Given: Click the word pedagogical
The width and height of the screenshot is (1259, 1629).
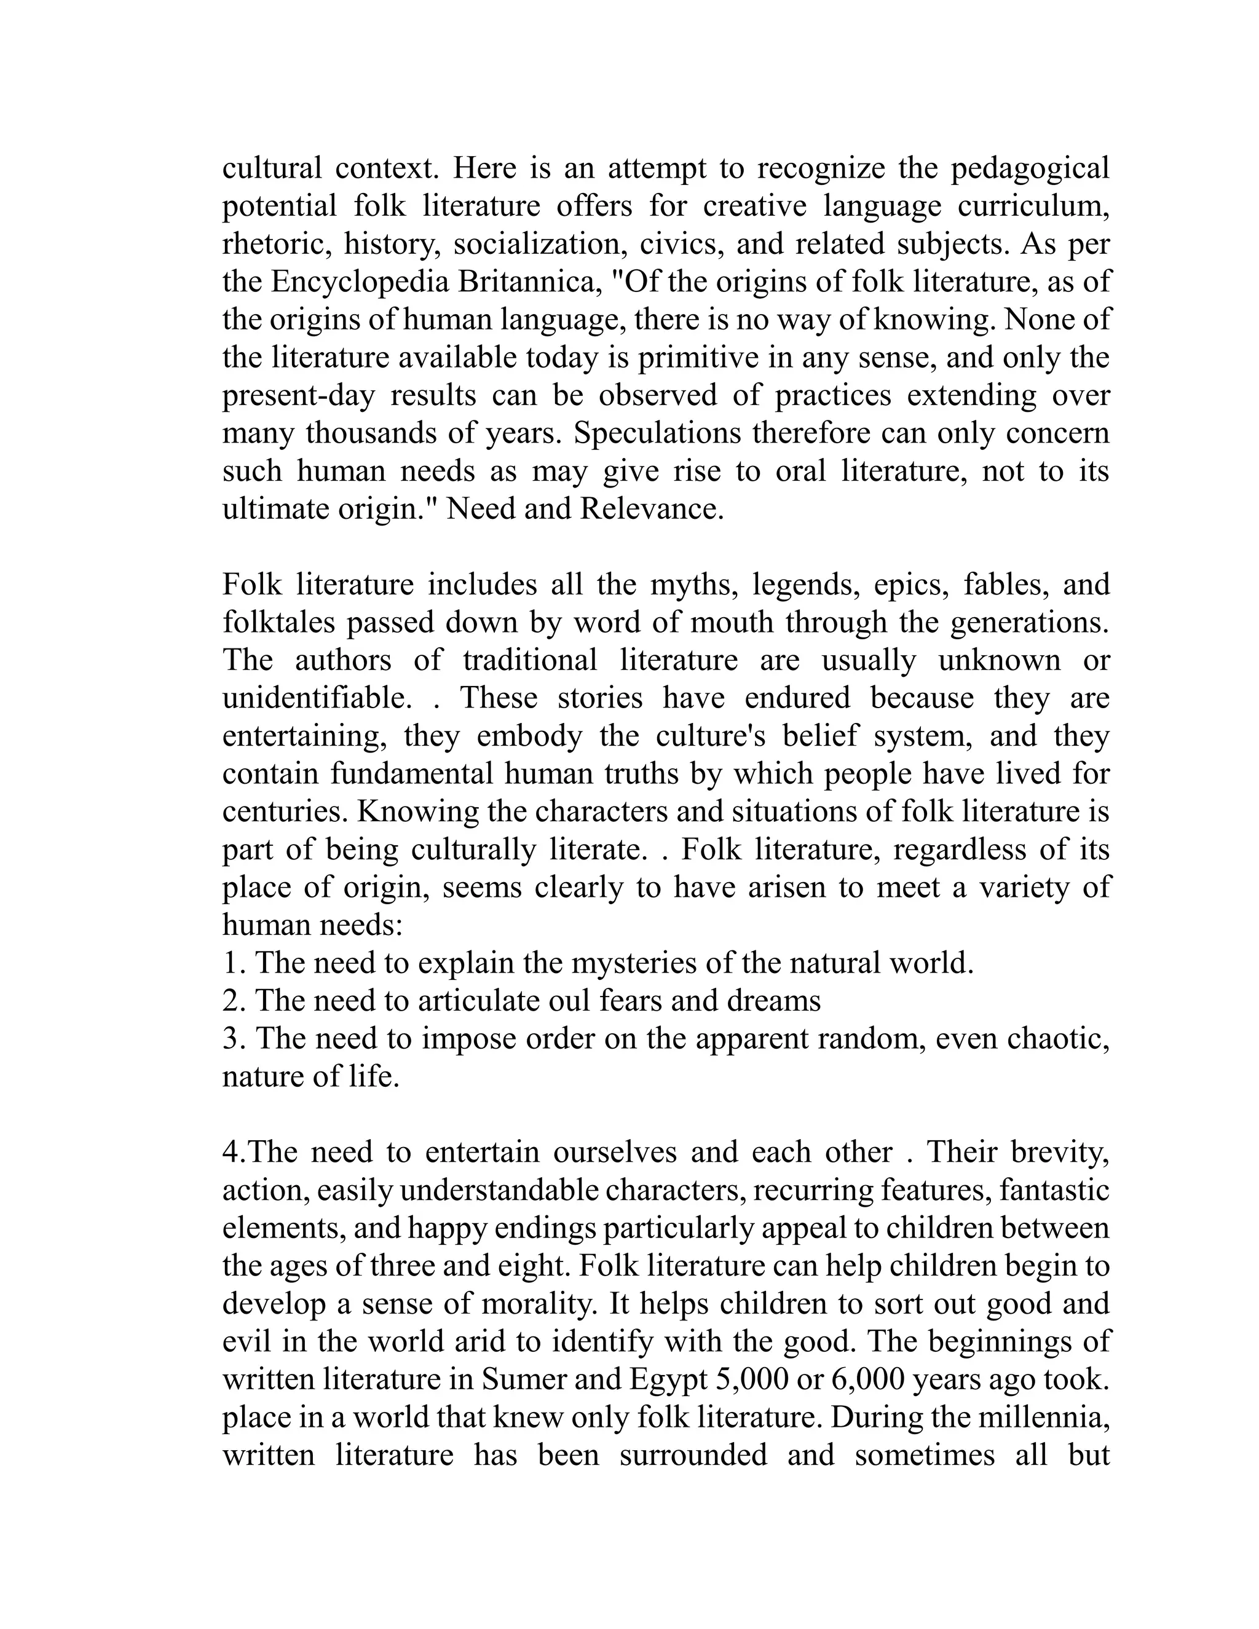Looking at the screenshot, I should click(1030, 169).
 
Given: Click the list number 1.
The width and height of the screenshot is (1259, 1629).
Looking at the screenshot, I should click(233, 964).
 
